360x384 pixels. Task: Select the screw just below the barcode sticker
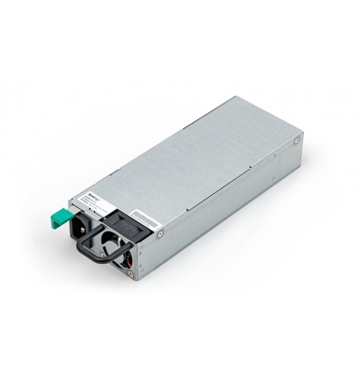coord(159,234)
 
